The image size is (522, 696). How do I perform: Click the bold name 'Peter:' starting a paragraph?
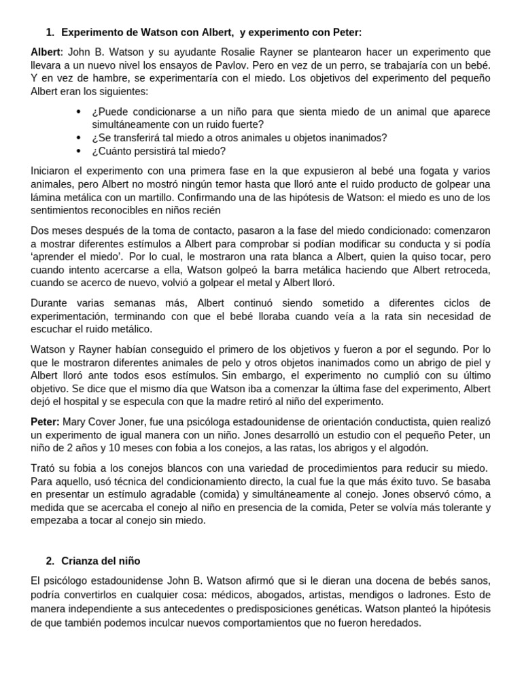click(x=46, y=421)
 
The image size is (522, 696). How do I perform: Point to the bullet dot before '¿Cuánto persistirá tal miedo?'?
click(x=80, y=151)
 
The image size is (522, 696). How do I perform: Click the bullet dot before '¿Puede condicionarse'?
click(x=80, y=111)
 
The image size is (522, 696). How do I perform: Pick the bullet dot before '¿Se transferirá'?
click(x=80, y=138)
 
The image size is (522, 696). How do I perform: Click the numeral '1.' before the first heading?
click(x=50, y=33)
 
